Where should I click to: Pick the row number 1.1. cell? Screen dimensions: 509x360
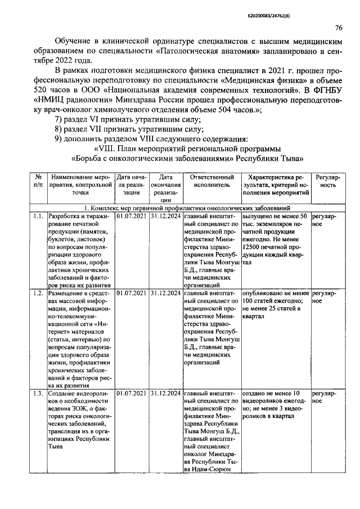[x=38, y=217]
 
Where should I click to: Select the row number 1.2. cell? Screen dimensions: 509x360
[x=38, y=293]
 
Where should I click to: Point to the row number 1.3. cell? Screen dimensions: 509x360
[x=38, y=393]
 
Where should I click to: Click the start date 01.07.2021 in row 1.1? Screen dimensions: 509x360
[x=132, y=217]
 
